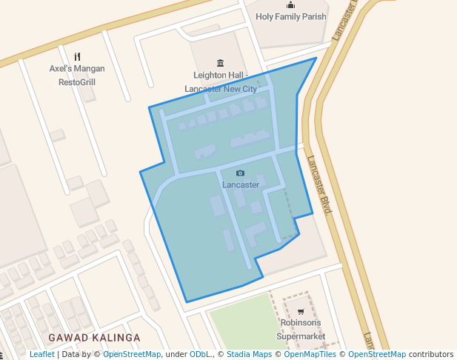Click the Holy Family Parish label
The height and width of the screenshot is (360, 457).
point(290,16)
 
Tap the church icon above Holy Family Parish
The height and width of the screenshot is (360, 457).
point(290,5)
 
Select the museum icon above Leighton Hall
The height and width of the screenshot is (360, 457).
point(219,62)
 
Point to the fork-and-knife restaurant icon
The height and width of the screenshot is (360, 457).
point(77,56)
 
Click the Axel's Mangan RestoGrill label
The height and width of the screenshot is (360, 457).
point(77,75)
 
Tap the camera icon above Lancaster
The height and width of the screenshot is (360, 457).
point(240,173)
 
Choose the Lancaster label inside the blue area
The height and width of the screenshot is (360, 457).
point(241,184)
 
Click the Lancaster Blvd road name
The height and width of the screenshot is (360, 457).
point(319,184)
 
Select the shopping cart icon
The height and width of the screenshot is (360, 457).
point(300,311)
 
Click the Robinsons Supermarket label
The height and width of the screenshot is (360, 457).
point(300,330)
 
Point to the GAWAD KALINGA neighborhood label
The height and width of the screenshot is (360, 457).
point(94,338)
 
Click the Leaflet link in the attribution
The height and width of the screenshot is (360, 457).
point(41,354)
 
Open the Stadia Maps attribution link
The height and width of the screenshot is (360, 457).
point(249,354)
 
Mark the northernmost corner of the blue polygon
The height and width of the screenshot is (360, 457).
point(316,58)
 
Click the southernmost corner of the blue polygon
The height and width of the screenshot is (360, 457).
point(187,302)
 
